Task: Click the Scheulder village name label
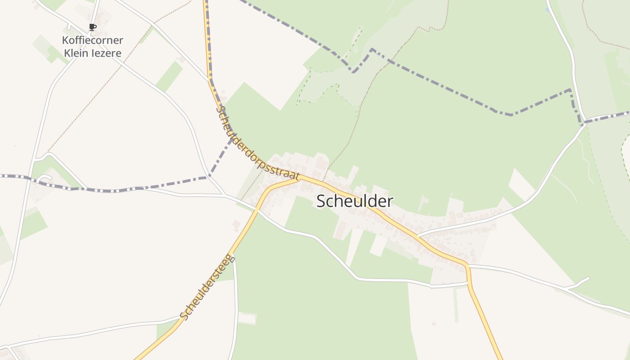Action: tap(355, 201)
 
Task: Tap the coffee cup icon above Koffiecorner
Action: tap(93, 27)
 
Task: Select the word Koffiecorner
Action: tap(93, 40)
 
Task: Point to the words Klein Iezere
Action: tap(93, 53)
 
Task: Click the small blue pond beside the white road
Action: tap(548, 9)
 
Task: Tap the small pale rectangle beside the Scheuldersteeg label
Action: tap(247, 319)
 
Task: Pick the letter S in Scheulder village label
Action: tap(321, 201)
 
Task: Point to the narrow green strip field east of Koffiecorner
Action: tap(169, 76)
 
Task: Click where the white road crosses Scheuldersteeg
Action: tap(257, 209)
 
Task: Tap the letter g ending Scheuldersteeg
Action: tap(232, 257)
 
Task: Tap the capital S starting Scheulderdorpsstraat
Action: tap(220, 109)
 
